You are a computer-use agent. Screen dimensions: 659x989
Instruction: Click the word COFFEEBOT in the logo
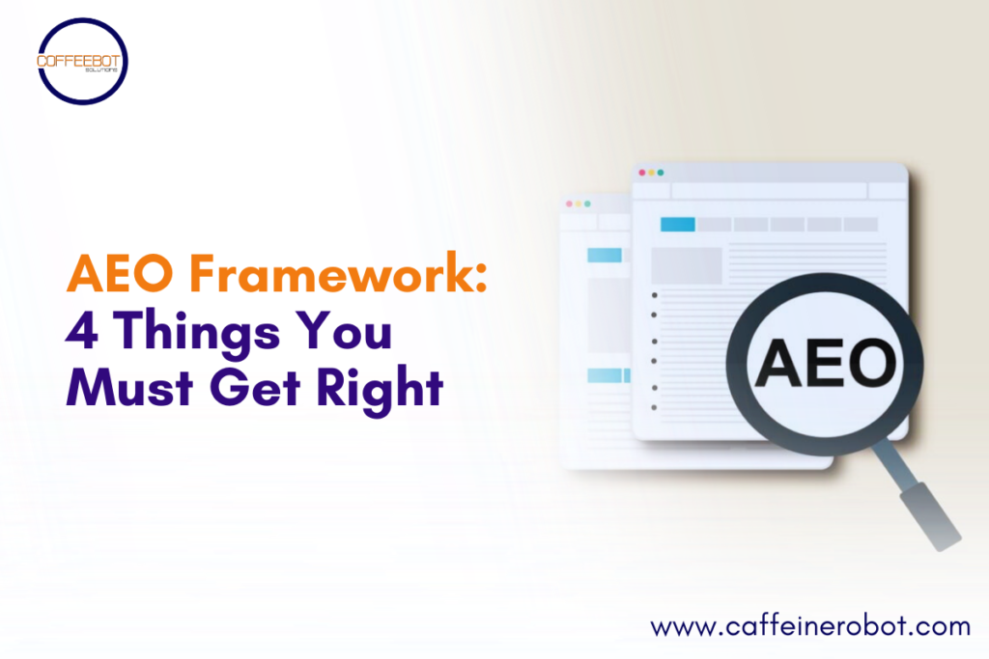(82, 60)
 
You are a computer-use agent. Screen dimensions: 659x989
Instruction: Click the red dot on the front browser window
(640, 173)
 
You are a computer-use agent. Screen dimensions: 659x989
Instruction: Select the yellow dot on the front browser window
(650, 173)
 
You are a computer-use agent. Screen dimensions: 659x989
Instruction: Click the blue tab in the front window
(677, 224)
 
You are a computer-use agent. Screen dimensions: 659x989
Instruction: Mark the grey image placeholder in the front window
(687, 265)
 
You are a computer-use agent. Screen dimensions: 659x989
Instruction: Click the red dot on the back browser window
(571, 204)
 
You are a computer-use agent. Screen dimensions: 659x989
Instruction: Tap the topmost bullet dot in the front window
(655, 295)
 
